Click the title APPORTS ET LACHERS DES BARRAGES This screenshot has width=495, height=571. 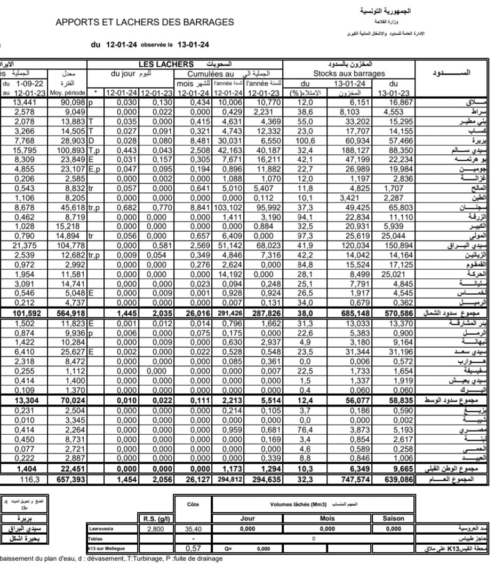(145, 22)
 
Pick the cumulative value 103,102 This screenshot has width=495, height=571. (226, 207)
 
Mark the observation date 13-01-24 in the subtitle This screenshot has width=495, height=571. (193, 45)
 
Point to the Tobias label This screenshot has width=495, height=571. (95, 538)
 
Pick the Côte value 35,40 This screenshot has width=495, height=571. (193, 529)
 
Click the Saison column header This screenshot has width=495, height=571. (394, 518)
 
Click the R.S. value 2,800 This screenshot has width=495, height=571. (156, 529)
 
